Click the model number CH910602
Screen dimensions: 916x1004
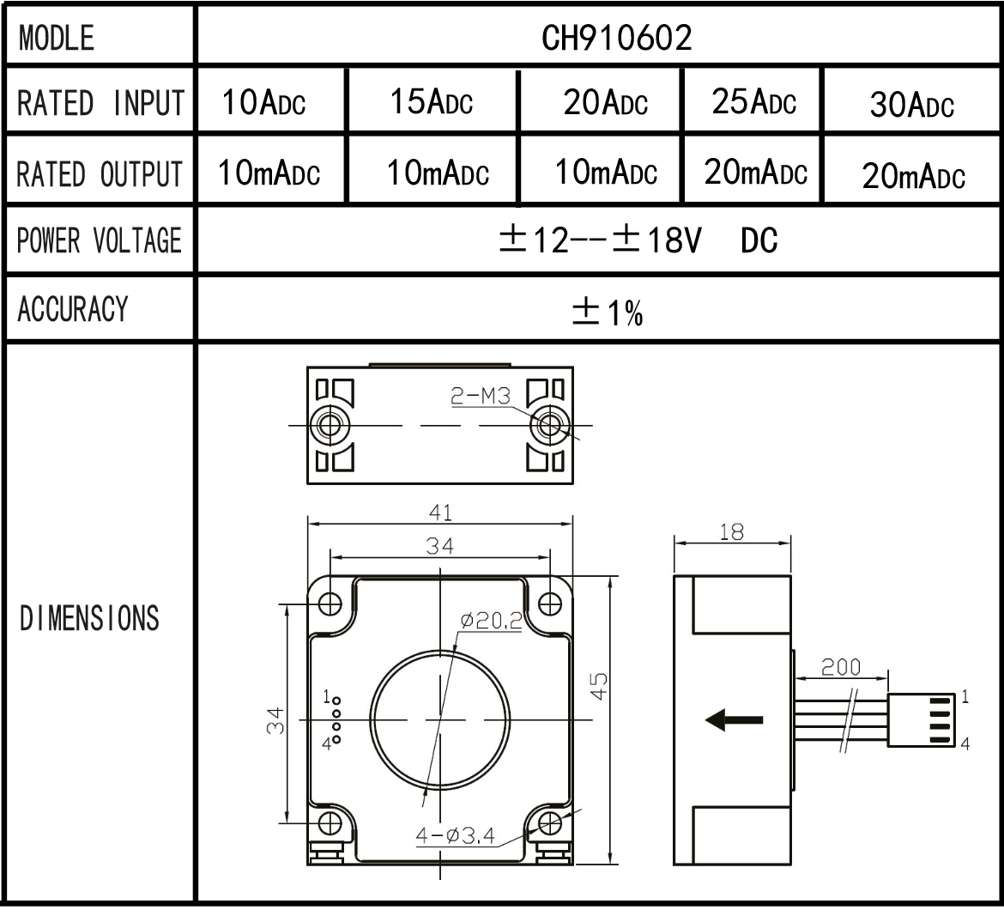click(x=617, y=37)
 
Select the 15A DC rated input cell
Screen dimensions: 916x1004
click(x=432, y=102)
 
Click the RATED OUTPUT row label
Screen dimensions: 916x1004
click(x=100, y=174)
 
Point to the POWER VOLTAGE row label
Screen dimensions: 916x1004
click(x=100, y=240)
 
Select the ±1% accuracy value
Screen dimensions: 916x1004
click(x=608, y=313)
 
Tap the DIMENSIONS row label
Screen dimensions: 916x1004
click(x=89, y=618)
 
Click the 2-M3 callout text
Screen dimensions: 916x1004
click(x=481, y=396)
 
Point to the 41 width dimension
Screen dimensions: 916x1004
click(x=440, y=513)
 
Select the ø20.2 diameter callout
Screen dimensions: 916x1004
click(x=491, y=620)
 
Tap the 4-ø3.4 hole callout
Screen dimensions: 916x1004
click(x=456, y=834)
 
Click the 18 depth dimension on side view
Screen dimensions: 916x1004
click(x=731, y=532)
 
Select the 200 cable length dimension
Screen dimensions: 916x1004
click(x=841, y=667)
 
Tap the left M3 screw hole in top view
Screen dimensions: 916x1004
click(x=329, y=424)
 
